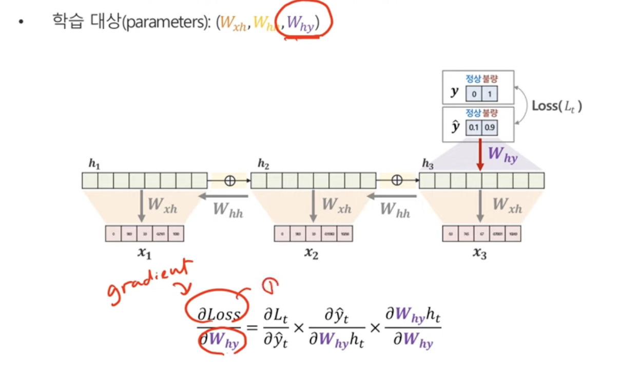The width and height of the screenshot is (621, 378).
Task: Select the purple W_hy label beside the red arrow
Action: (502, 155)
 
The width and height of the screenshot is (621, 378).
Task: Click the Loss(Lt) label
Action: (557, 107)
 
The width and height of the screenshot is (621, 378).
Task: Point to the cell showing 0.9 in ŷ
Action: (490, 126)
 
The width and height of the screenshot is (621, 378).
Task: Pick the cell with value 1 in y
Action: (490, 94)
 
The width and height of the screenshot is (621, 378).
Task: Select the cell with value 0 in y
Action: (474, 94)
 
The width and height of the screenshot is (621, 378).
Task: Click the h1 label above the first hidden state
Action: (94, 164)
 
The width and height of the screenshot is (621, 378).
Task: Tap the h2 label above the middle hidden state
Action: (263, 164)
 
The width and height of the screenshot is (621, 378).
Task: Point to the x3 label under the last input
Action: (479, 253)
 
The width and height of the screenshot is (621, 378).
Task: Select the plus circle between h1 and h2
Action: (229, 181)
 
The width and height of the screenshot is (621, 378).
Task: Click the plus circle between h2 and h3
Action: (397, 181)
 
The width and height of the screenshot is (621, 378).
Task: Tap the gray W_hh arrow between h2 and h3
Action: (389, 196)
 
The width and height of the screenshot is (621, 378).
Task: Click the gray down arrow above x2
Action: (312, 205)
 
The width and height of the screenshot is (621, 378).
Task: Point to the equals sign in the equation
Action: (253, 328)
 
